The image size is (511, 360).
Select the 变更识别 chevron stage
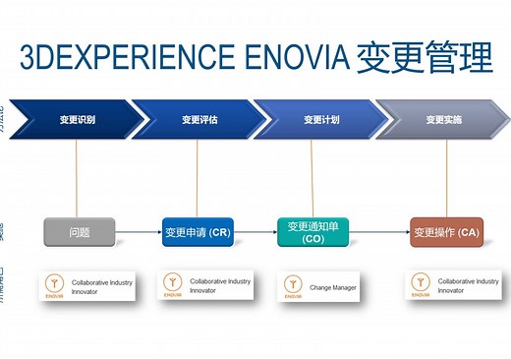(x=77, y=120)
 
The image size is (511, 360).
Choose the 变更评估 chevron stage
(x=199, y=120)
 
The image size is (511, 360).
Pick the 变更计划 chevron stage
(x=320, y=120)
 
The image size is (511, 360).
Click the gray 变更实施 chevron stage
(x=443, y=120)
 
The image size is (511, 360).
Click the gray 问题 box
(x=80, y=233)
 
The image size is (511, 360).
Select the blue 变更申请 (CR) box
(x=198, y=233)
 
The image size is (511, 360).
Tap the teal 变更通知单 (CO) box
(x=312, y=232)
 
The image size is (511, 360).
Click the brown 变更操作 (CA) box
(x=446, y=233)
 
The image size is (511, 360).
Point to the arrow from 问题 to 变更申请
(x=138, y=233)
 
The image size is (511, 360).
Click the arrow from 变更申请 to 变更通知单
(x=255, y=233)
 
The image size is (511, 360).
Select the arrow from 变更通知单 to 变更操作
(x=378, y=233)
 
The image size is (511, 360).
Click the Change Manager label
(x=332, y=287)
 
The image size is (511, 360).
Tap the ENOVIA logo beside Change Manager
(x=292, y=286)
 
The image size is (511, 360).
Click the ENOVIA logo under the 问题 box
(x=52, y=286)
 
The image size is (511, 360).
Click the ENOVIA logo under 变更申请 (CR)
(x=172, y=286)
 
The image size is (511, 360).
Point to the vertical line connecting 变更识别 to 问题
(x=76, y=178)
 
